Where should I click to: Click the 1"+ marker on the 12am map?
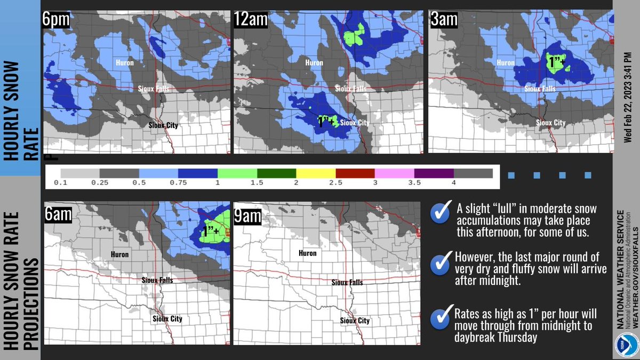pos(326,122)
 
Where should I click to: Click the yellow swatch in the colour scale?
pos(316,173)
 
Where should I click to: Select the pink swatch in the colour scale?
pos(395,173)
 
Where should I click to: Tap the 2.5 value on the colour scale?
pos(335,183)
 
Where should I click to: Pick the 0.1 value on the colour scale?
pos(60,183)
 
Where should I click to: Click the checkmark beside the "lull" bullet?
pos(441,214)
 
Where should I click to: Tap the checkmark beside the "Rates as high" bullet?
pos(441,318)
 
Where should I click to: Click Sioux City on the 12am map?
pos(355,122)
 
